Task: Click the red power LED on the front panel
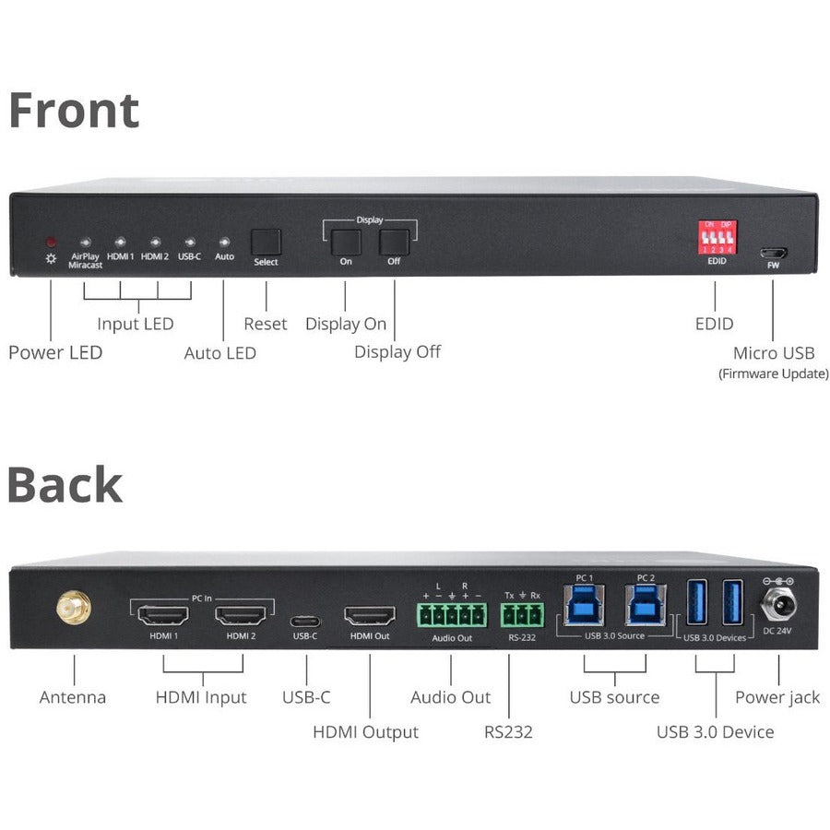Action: click(x=51, y=241)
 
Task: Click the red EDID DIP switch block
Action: click(x=717, y=237)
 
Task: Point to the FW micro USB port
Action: click(x=773, y=253)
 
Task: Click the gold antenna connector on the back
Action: click(x=73, y=609)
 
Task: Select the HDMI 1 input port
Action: click(x=162, y=615)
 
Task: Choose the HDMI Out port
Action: click(x=370, y=615)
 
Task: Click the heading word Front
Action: click(x=74, y=111)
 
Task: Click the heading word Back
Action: click(x=65, y=485)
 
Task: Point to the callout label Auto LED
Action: click(x=219, y=352)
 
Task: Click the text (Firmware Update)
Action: click(x=773, y=373)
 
